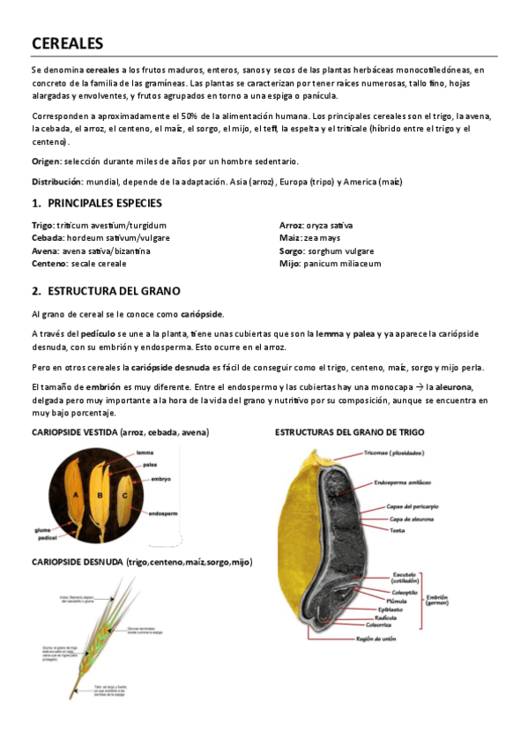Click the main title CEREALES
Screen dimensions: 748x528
[x=68, y=43]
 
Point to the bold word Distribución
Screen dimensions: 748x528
[x=56, y=182]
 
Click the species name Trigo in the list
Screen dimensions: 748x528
[x=42, y=226]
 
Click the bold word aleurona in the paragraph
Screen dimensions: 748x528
[x=450, y=387]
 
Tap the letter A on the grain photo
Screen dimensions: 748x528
[x=76, y=495]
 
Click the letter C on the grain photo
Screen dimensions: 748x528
[x=125, y=495]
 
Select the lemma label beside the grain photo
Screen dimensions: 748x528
[x=145, y=453]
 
